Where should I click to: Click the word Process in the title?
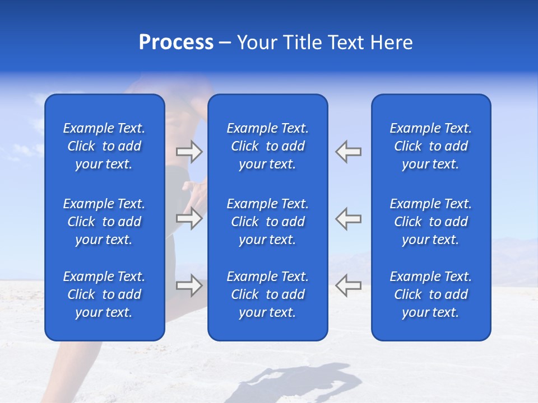[176, 43]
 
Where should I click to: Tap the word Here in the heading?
[392, 43]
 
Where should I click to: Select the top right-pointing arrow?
[189, 151]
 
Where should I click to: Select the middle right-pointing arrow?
[189, 218]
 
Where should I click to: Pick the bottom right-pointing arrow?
[189, 285]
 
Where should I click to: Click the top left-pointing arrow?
[349, 151]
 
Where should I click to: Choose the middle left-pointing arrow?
[349, 218]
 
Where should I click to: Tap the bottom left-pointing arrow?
[349, 285]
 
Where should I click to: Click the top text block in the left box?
[104, 146]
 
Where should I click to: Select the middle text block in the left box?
[104, 222]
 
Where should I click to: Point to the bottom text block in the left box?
[104, 294]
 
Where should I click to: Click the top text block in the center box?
[268, 146]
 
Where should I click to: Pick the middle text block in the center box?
[268, 222]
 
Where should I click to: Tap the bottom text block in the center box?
[268, 294]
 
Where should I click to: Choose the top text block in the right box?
[431, 146]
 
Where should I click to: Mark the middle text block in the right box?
[431, 222]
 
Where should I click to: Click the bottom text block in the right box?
[431, 294]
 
